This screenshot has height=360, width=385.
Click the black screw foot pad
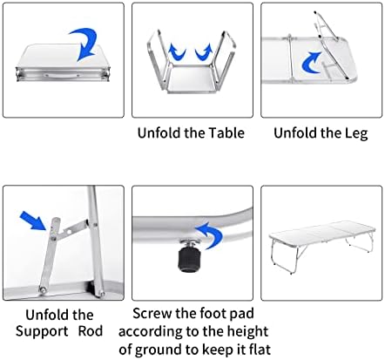coord(188,260)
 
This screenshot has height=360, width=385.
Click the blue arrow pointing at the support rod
coord(33,221)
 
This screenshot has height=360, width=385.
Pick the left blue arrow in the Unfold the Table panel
coord(176,53)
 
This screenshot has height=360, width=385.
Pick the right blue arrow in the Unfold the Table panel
coord(204,53)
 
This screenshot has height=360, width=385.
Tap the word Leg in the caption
coord(356,134)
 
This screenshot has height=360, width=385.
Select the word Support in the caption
coord(42,332)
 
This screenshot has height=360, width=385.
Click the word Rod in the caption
coord(91,331)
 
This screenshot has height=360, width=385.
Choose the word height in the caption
coord(247,332)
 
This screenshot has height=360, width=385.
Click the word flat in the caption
coord(258,349)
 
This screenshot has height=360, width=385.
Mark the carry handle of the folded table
coord(63,76)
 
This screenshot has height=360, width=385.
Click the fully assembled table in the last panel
coord(322,244)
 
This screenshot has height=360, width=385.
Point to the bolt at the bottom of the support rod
coord(43,289)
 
